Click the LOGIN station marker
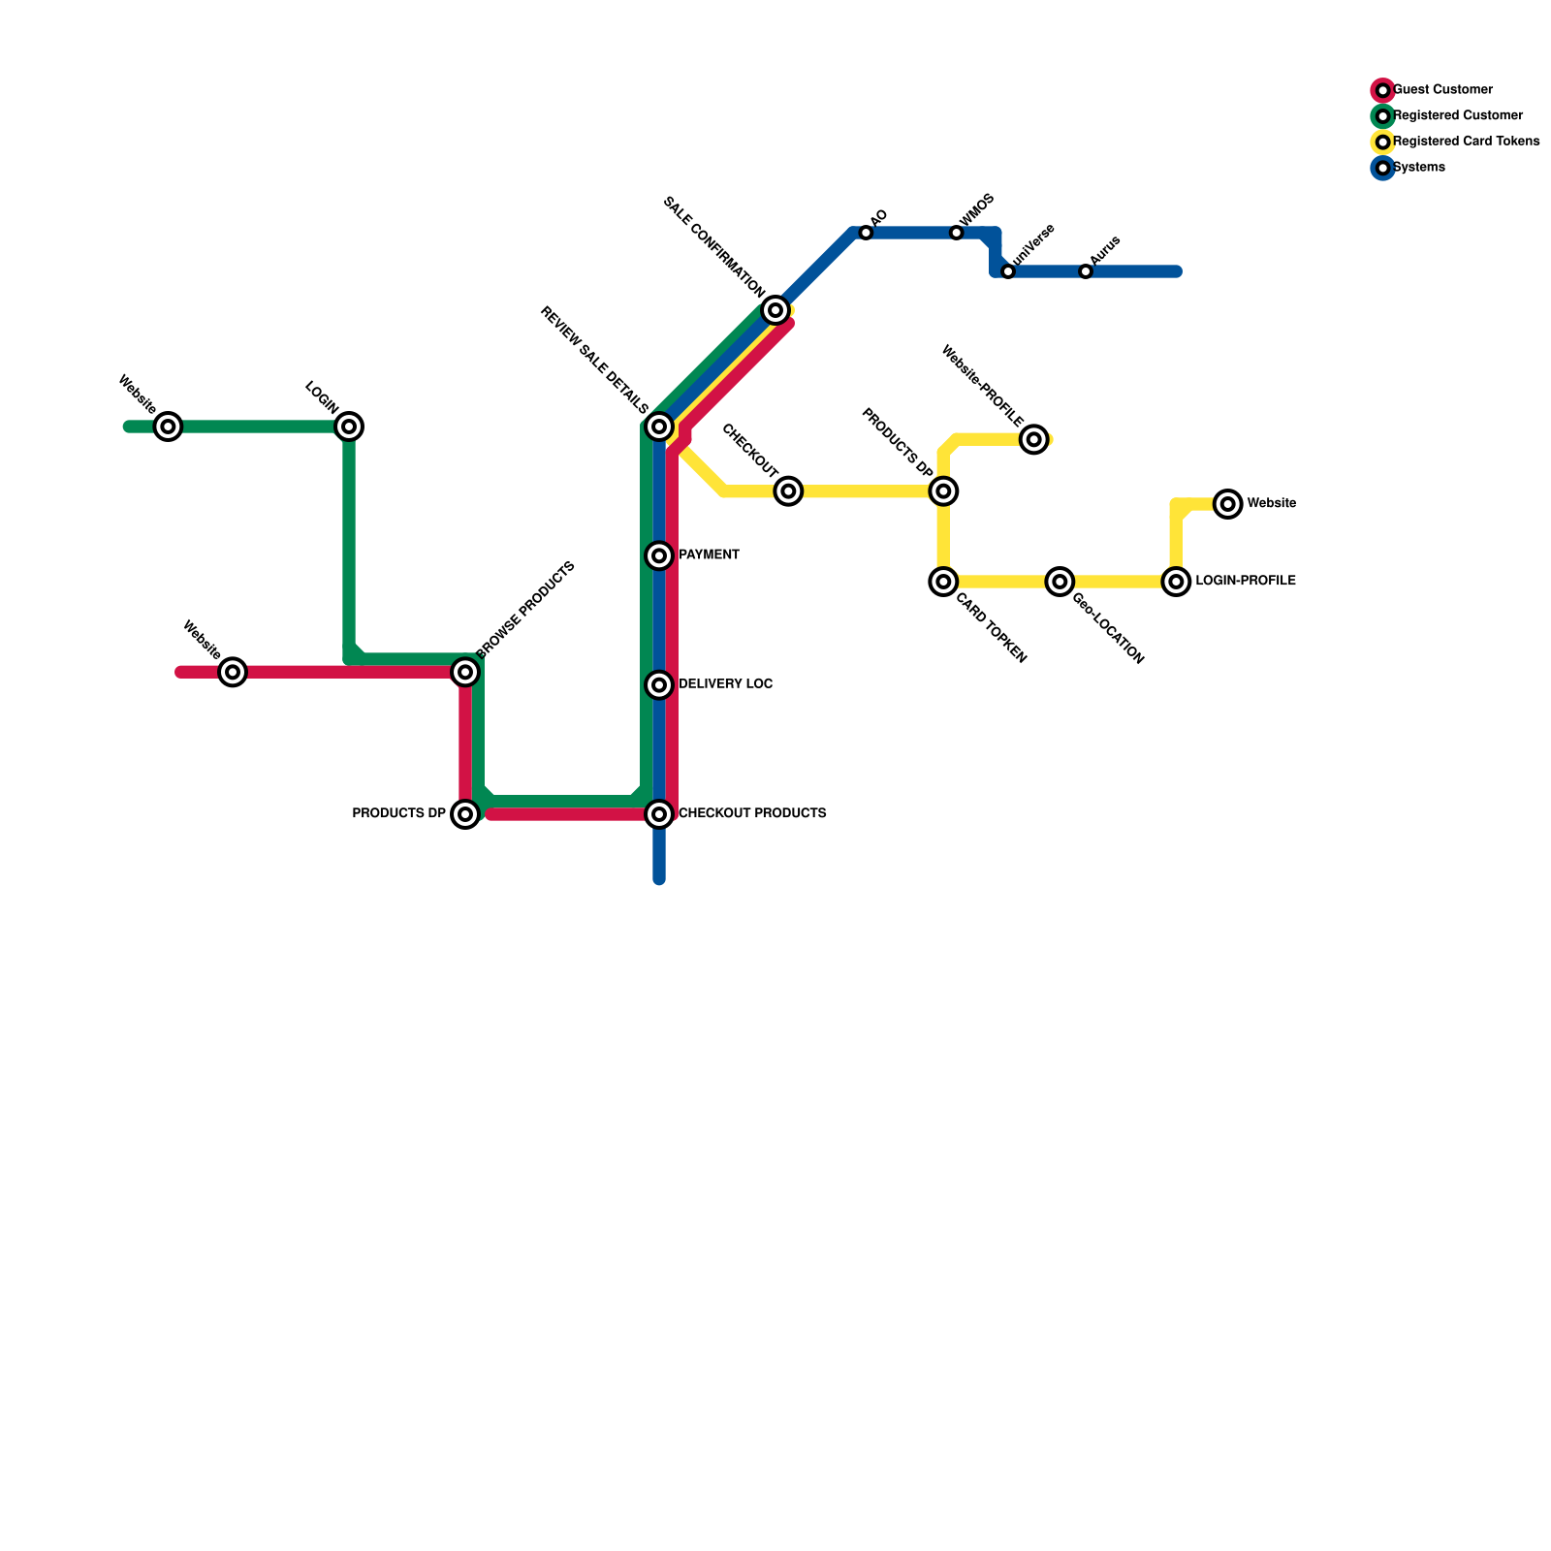click(x=349, y=427)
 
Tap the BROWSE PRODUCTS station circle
click(x=466, y=672)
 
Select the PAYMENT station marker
click(x=659, y=555)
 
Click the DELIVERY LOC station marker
click(x=659, y=685)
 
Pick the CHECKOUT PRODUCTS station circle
click(x=659, y=814)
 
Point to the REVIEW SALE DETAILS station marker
click(x=659, y=427)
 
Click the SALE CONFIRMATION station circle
click(x=775, y=310)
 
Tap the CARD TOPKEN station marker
click(x=943, y=582)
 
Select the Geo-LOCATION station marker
click(x=1060, y=582)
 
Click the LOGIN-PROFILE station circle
click(x=1176, y=582)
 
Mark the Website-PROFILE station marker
click(x=1034, y=440)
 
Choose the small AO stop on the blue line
click(x=866, y=233)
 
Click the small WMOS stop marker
click(x=957, y=233)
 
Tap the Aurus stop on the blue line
click(x=1086, y=271)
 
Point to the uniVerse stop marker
click(x=1008, y=271)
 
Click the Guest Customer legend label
click(x=1442, y=90)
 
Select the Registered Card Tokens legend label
click(x=1466, y=142)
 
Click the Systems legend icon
click(x=1383, y=168)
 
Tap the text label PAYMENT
click(x=709, y=555)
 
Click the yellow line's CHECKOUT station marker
click(x=789, y=491)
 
